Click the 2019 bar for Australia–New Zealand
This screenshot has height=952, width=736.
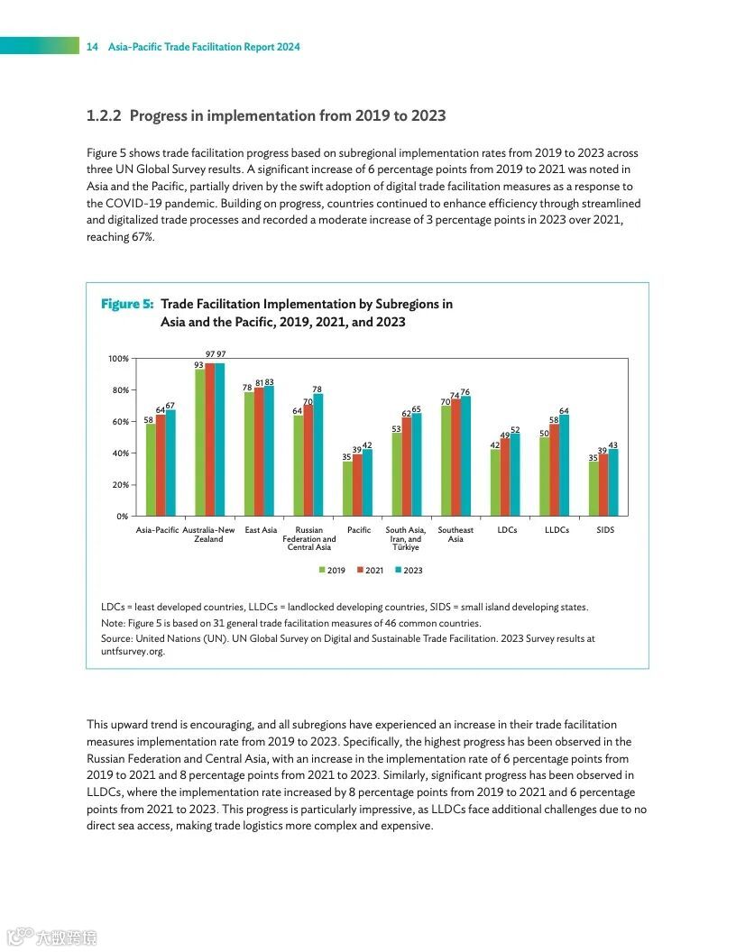[x=200, y=443]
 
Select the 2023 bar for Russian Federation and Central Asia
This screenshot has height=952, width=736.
[x=318, y=455]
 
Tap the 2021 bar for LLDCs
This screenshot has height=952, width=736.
[x=555, y=470]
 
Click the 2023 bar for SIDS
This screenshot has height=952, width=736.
[x=613, y=482]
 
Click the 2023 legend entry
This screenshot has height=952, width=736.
[x=409, y=571]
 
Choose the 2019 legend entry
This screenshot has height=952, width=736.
[x=332, y=571]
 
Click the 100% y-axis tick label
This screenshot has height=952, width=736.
[x=118, y=359]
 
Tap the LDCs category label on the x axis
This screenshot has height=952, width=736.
[x=507, y=530]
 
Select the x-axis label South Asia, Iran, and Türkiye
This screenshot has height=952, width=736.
[x=406, y=538]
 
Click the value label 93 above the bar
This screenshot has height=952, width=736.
[x=199, y=364]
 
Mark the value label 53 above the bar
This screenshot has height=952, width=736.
[x=396, y=428]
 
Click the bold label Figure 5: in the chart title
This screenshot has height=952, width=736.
[x=127, y=305]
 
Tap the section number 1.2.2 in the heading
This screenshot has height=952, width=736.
[x=104, y=116]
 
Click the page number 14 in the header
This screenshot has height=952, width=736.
[x=92, y=47]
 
